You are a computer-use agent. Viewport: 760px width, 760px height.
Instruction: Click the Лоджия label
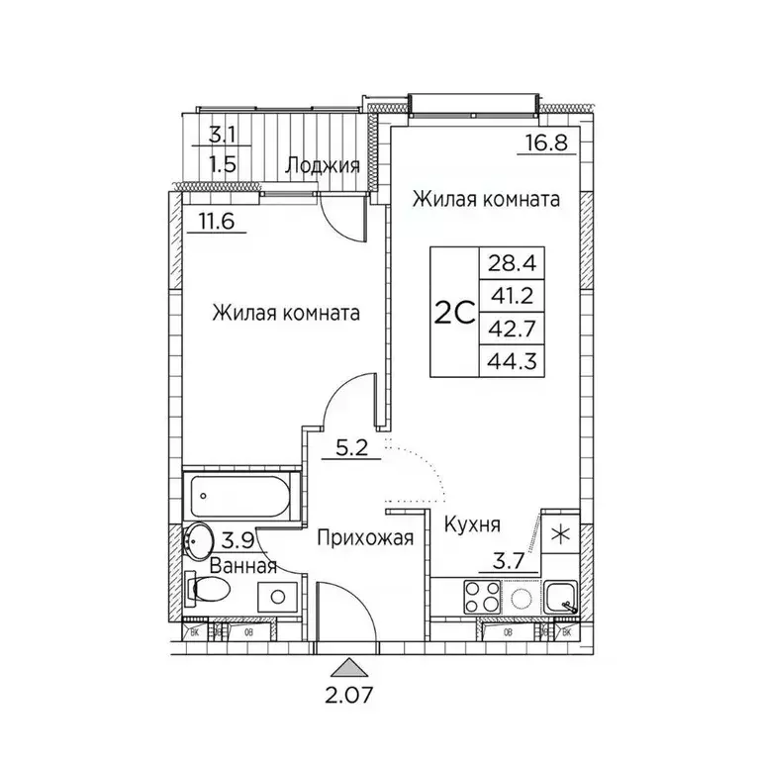[x=322, y=165]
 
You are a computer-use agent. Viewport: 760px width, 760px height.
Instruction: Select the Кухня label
[x=471, y=524]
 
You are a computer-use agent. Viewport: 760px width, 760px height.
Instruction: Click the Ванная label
[x=243, y=566]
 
